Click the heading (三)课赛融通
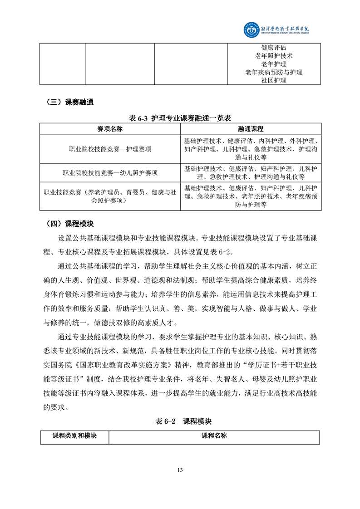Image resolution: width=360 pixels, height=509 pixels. point(69,102)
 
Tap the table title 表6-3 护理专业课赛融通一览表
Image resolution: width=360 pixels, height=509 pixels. point(180,118)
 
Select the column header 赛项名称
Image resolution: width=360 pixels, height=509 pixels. point(110,129)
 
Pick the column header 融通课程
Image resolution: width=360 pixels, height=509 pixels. point(250,129)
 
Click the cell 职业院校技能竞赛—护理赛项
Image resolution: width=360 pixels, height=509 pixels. point(110,149)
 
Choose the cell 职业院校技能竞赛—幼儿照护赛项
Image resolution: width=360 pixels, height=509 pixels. point(110,173)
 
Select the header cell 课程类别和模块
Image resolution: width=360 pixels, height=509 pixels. point(74,436)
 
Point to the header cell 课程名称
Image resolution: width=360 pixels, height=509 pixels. point(214,436)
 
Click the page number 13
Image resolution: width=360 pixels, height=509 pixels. point(180,470)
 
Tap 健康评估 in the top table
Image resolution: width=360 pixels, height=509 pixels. point(274,48)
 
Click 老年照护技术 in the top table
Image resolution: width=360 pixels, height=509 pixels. point(274,56)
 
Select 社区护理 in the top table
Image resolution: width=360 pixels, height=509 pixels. point(274,80)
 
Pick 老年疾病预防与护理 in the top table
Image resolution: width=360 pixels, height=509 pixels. point(274,72)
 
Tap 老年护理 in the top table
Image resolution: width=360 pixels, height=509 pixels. point(274,64)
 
